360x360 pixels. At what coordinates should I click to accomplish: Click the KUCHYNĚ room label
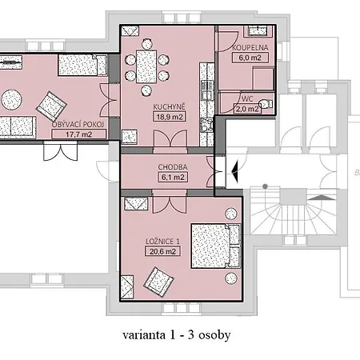169,106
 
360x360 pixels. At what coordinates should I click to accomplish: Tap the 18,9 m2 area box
170,117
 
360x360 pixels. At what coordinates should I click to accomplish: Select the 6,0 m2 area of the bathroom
250,58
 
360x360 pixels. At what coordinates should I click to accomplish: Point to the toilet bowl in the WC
265,104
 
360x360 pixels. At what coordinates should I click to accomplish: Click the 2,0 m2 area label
247,109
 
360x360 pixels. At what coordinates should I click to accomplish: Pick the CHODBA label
173,167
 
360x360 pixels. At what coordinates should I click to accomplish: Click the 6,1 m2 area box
173,177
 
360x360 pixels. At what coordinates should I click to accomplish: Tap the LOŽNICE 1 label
162,242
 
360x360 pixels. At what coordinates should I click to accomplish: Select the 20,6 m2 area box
162,251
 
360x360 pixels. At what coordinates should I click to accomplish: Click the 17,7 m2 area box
78,134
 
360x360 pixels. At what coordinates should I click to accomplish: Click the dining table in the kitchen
146,66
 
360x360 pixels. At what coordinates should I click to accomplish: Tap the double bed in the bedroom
216,246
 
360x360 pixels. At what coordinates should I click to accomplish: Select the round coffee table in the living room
11,99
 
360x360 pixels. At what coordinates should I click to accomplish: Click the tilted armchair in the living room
51,106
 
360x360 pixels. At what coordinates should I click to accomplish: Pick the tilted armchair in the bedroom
158,282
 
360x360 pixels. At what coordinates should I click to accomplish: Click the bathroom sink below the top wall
258,31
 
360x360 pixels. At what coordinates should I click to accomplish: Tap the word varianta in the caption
144,335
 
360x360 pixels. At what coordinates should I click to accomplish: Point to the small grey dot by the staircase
265,186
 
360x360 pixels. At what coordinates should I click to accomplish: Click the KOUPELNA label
250,48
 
